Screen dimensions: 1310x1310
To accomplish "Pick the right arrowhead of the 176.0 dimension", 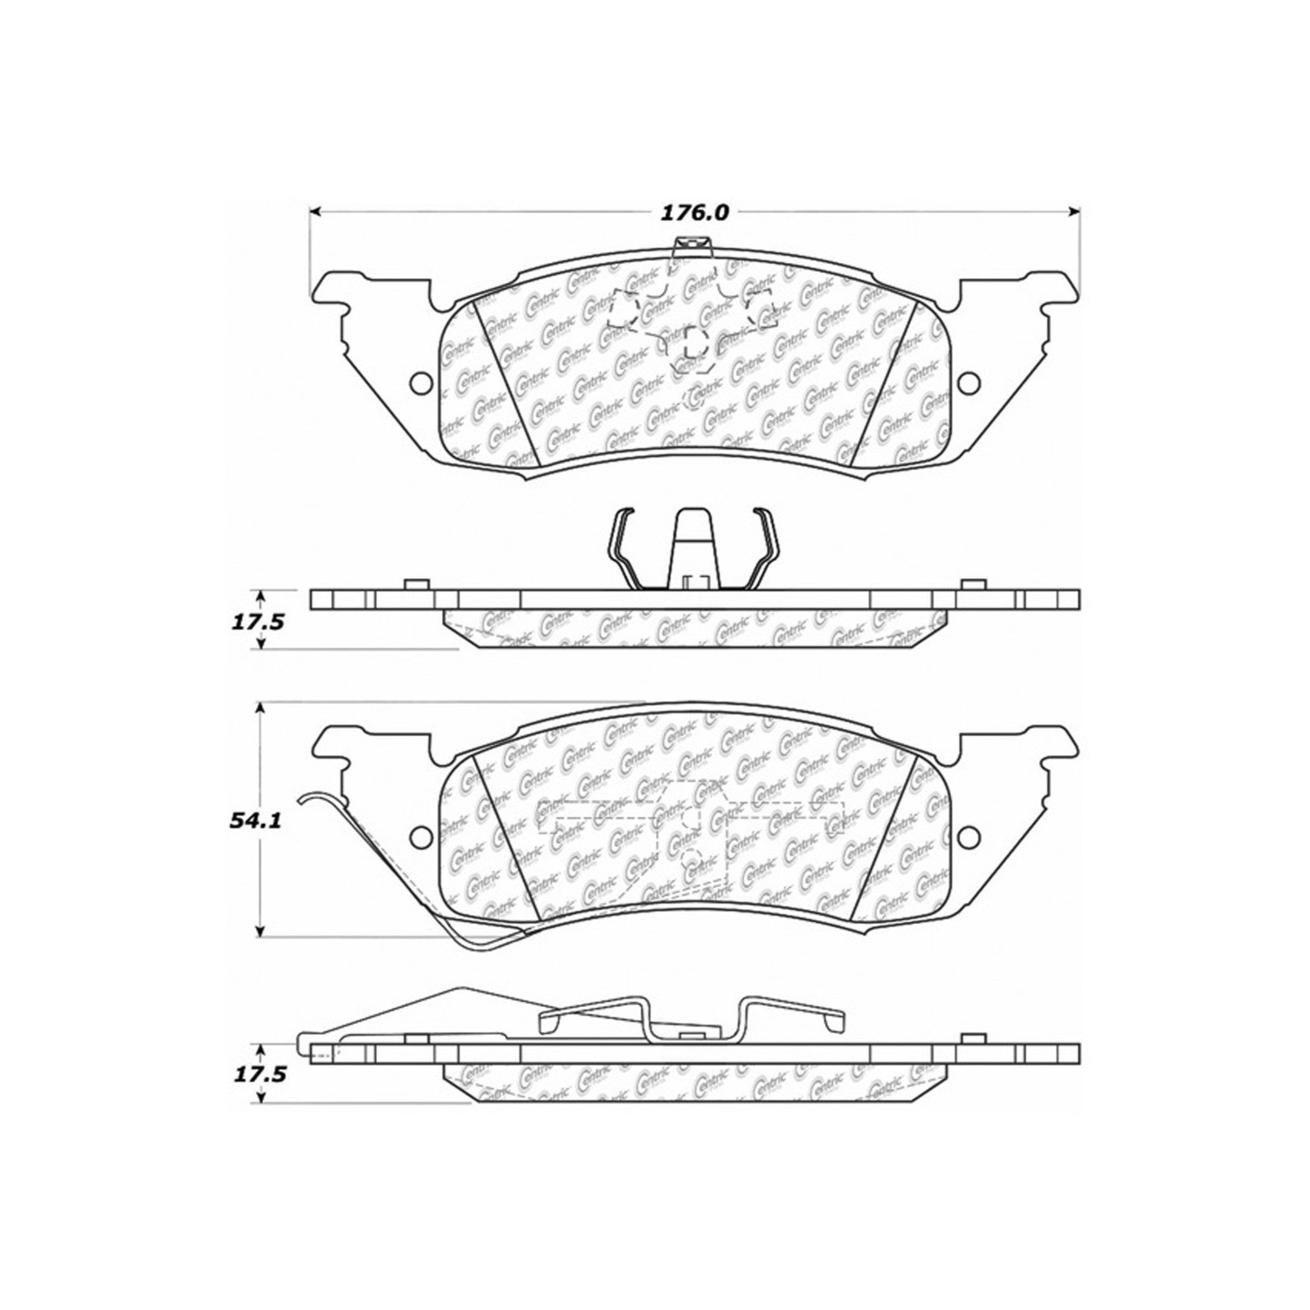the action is pos(1075,211).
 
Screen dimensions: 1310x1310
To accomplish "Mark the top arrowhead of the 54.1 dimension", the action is pos(260,708).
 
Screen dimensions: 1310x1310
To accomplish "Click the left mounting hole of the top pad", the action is pos(420,383).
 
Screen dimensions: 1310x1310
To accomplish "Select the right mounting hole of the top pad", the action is pos(968,383).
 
